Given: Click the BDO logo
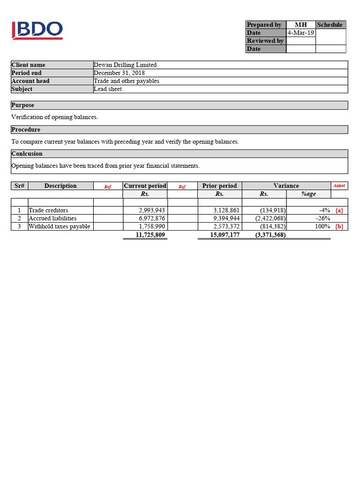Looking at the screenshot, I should [x=37, y=30].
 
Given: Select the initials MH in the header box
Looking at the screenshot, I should [x=300, y=25].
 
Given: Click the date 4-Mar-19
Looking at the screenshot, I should [x=300, y=33].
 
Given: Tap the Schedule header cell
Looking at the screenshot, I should [x=330, y=25].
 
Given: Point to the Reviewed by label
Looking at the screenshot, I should [x=265, y=41].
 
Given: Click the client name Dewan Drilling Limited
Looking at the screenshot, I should [x=125, y=65].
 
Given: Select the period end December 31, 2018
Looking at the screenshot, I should [x=119, y=73].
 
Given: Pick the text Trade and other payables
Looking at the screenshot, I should [x=127, y=81].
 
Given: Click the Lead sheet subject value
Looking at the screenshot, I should [x=108, y=89].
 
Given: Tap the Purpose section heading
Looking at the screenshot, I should [x=23, y=105].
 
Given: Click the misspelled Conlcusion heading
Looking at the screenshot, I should [x=27, y=154].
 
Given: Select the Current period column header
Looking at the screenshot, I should [x=145, y=186].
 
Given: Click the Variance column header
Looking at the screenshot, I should [x=286, y=186].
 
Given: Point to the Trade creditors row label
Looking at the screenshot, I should [x=48, y=210].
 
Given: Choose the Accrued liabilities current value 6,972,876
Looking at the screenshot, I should [x=152, y=218].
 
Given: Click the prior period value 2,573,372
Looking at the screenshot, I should [x=226, y=226].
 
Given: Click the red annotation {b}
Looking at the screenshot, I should [x=339, y=226].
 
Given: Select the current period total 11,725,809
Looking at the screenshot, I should [x=150, y=235].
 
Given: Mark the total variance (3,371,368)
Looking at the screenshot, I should [x=270, y=235].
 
